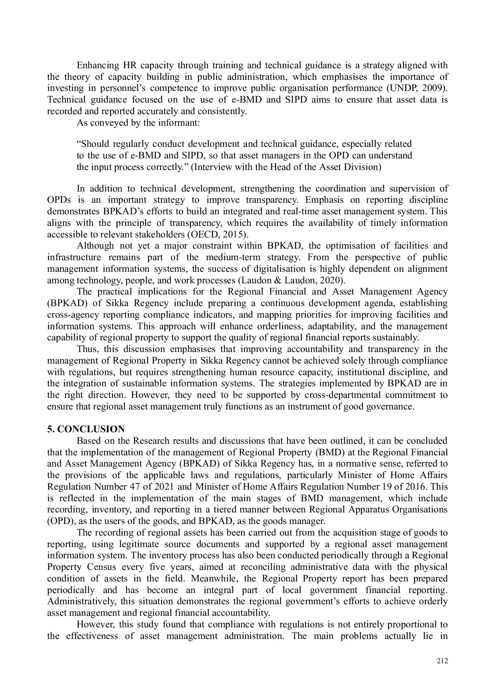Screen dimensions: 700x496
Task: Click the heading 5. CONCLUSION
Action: click(x=86, y=429)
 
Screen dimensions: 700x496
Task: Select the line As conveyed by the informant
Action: click(x=138, y=123)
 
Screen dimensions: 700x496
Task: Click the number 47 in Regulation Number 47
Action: click(x=134, y=486)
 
